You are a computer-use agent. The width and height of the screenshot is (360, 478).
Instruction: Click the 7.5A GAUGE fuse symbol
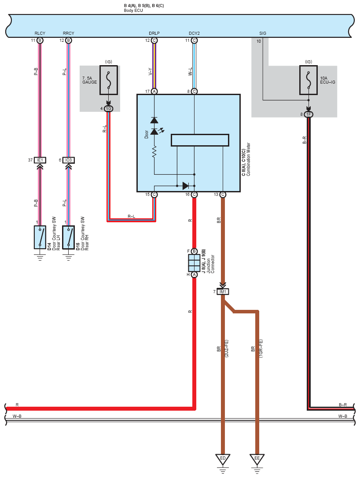point(109,80)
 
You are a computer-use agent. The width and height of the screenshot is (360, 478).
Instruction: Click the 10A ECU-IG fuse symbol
point(309,80)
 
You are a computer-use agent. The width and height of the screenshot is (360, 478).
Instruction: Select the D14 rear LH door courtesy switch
point(40,237)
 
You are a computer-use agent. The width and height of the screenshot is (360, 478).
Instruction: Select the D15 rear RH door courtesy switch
point(69,237)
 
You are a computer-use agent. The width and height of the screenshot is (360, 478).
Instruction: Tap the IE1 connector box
point(40,160)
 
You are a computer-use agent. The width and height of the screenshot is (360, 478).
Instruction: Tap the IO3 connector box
point(69,160)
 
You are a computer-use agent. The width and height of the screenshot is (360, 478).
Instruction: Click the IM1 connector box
point(223,292)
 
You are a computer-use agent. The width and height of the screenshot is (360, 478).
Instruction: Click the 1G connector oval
point(109,109)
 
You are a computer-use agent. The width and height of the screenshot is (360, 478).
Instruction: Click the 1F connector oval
point(309,114)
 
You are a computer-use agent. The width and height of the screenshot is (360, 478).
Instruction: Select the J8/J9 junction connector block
point(194,263)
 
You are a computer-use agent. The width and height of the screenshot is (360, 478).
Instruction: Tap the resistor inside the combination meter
point(154,152)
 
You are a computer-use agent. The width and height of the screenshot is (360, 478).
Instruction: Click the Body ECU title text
point(133,11)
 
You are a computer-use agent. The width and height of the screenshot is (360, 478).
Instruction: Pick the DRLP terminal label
point(154,33)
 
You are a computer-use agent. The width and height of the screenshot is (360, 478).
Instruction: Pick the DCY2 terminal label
point(194,33)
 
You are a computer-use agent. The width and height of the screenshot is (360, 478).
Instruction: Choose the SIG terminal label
point(263,33)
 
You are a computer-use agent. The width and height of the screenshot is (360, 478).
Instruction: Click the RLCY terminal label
point(40,33)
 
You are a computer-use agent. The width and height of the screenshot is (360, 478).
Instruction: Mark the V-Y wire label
point(150,72)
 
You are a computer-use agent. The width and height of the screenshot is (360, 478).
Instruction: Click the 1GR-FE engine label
point(261,349)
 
